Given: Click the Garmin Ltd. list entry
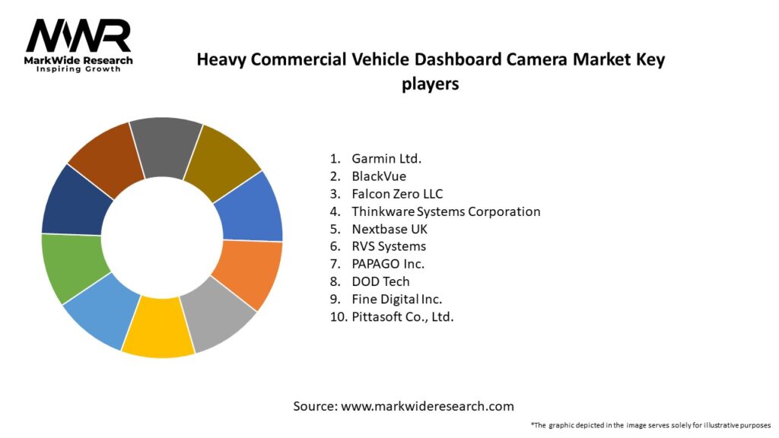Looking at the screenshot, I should click(x=386, y=159).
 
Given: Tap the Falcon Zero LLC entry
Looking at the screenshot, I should click(x=396, y=194).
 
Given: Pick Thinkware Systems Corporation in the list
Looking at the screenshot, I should click(x=445, y=211).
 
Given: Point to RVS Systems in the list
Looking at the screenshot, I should click(x=388, y=246).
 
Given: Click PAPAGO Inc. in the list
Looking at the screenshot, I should click(x=387, y=264).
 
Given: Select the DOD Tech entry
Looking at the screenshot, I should click(x=380, y=281).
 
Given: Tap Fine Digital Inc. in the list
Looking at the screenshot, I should click(x=396, y=299).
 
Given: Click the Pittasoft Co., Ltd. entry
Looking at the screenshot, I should click(x=402, y=316).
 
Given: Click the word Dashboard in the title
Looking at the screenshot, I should click(x=409, y=60).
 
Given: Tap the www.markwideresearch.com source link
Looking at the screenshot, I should click(x=427, y=406).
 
